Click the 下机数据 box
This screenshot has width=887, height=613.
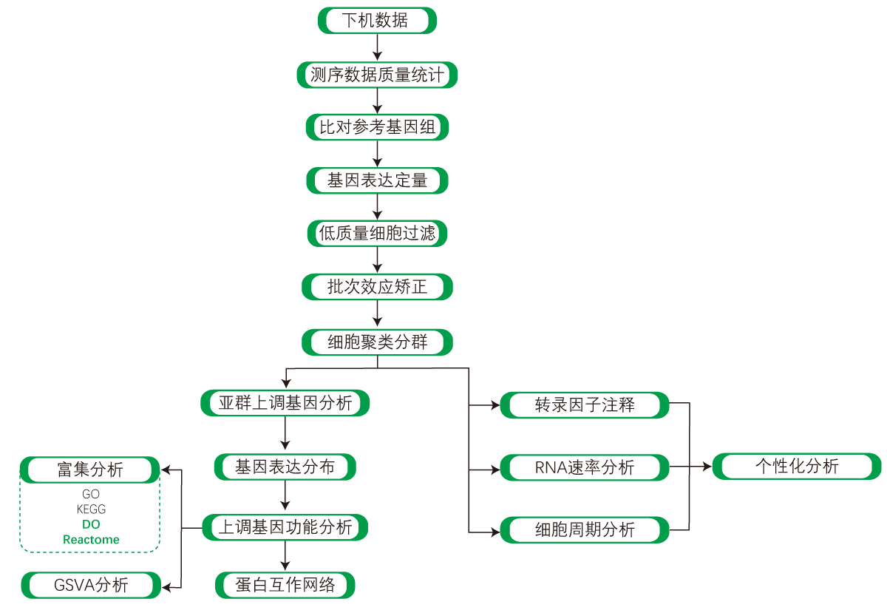click(377, 21)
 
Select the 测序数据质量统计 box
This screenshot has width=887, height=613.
click(377, 75)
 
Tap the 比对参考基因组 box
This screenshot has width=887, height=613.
click(377, 127)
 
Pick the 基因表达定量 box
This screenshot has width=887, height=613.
click(377, 180)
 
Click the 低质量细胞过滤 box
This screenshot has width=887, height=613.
click(377, 234)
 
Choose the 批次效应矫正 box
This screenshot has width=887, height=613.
click(377, 287)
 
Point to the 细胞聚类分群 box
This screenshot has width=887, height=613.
click(377, 342)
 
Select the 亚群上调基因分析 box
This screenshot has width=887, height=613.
click(285, 403)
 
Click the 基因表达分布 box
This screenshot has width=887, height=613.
click(285, 467)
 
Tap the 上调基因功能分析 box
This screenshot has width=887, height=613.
click(285, 527)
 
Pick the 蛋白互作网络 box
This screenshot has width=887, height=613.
click(285, 585)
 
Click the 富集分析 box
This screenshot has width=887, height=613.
click(90, 470)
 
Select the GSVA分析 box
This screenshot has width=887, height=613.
click(91, 585)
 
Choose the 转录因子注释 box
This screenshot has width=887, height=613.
click(585, 405)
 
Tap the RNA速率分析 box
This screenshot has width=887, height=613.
click(585, 467)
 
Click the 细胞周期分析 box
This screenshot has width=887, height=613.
click(585, 530)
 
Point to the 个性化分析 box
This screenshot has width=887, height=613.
click(797, 467)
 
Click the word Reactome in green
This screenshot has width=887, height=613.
click(91, 540)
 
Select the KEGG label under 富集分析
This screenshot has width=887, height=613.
click(91, 509)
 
